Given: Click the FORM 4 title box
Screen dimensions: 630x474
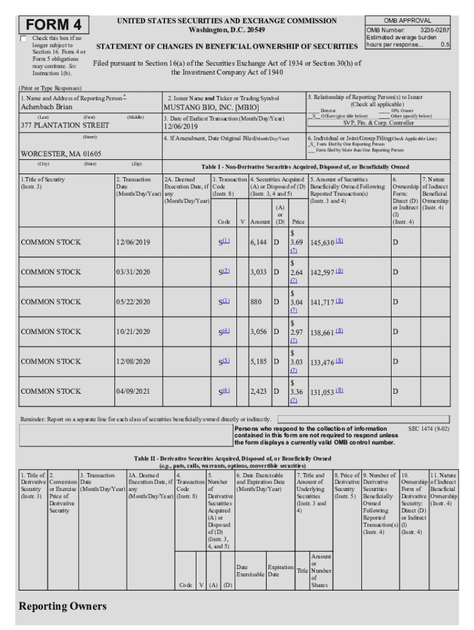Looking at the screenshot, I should point(55,26).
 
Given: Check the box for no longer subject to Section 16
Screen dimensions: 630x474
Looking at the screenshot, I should point(23,39).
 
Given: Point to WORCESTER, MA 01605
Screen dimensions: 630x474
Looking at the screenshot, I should point(61,154).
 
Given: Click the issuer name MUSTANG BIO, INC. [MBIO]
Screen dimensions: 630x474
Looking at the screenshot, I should point(215,107).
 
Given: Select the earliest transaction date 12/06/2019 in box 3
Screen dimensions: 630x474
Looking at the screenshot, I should point(183,126).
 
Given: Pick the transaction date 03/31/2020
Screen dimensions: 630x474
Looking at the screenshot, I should point(133,272).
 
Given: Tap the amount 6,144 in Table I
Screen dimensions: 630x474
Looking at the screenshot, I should point(259,242).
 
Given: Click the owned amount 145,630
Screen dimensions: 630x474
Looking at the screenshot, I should point(323,242).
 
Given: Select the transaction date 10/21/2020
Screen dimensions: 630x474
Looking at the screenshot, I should point(133,332).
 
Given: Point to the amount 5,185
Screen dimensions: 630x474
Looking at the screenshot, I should point(259,361).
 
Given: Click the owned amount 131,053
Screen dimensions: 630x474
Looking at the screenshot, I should point(323,391).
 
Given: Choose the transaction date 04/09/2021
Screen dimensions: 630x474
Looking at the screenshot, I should point(133,391).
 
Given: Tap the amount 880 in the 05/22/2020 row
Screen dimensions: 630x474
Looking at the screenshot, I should point(257,302).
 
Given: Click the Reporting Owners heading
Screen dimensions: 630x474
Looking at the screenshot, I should point(62,606).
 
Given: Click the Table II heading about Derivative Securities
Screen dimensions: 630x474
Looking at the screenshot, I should point(233,458).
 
